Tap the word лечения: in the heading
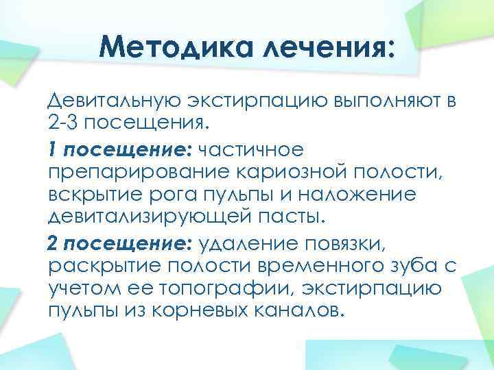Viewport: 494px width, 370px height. (322, 49)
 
